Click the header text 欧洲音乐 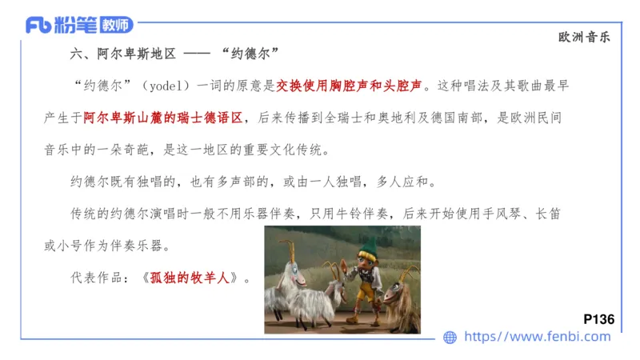pos(589,37)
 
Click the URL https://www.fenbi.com pos(538,337)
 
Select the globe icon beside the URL pos(450,338)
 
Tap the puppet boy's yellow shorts pos(363,292)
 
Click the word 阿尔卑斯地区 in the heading pos(136,54)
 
